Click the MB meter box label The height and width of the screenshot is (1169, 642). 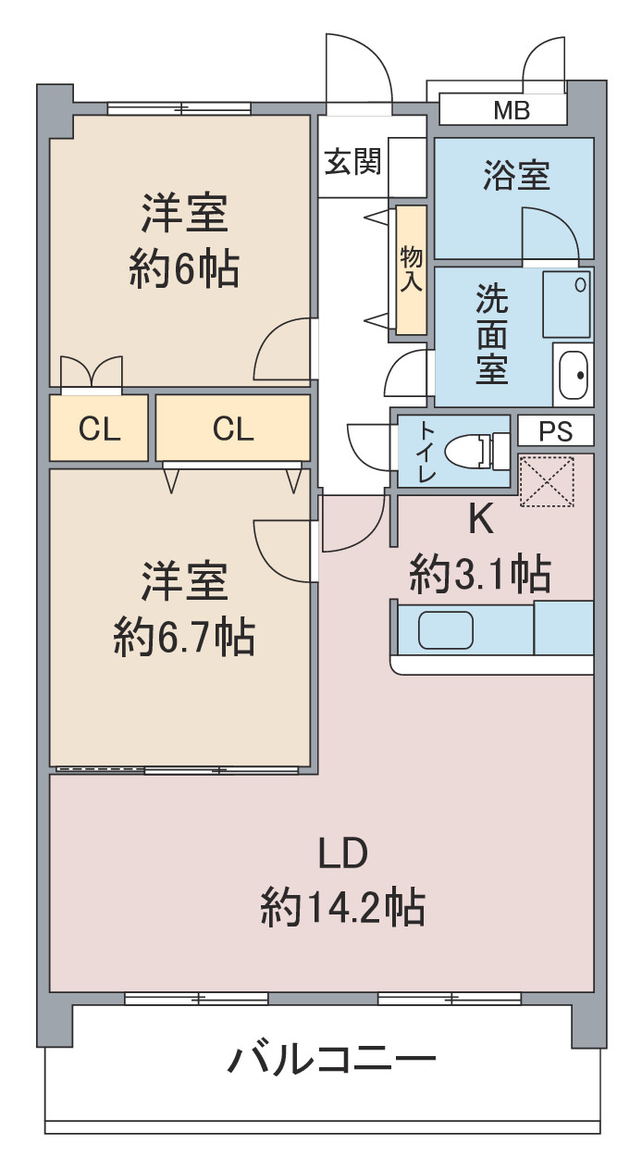click(512, 110)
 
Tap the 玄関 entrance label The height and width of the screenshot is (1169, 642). click(353, 161)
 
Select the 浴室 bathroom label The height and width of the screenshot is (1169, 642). click(516, 175)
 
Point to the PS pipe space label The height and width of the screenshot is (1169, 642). click(555, 431)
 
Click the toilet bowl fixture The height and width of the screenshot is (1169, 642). click(476, 451)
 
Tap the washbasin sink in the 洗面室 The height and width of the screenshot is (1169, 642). click(574, 375)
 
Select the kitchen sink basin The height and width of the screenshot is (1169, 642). click(446, 630)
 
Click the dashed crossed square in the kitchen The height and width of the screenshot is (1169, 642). click(547, 481)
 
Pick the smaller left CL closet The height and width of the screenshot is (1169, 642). click(99, 428)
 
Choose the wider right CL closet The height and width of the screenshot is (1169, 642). click(232, 428)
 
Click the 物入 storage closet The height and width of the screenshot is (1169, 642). click(412, 270)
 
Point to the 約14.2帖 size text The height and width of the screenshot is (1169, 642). click(342, 908)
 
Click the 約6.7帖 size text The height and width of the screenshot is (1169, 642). click(185, 637)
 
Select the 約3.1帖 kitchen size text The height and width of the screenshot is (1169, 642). click(480, 574)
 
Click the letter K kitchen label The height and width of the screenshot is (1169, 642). click(481, 519)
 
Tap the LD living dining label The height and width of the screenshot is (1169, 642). click(343, 852)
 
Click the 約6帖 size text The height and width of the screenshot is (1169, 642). click(185, 270)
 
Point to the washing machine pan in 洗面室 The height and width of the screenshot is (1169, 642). click(567, 304)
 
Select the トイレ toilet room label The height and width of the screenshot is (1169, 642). click(427, 452)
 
